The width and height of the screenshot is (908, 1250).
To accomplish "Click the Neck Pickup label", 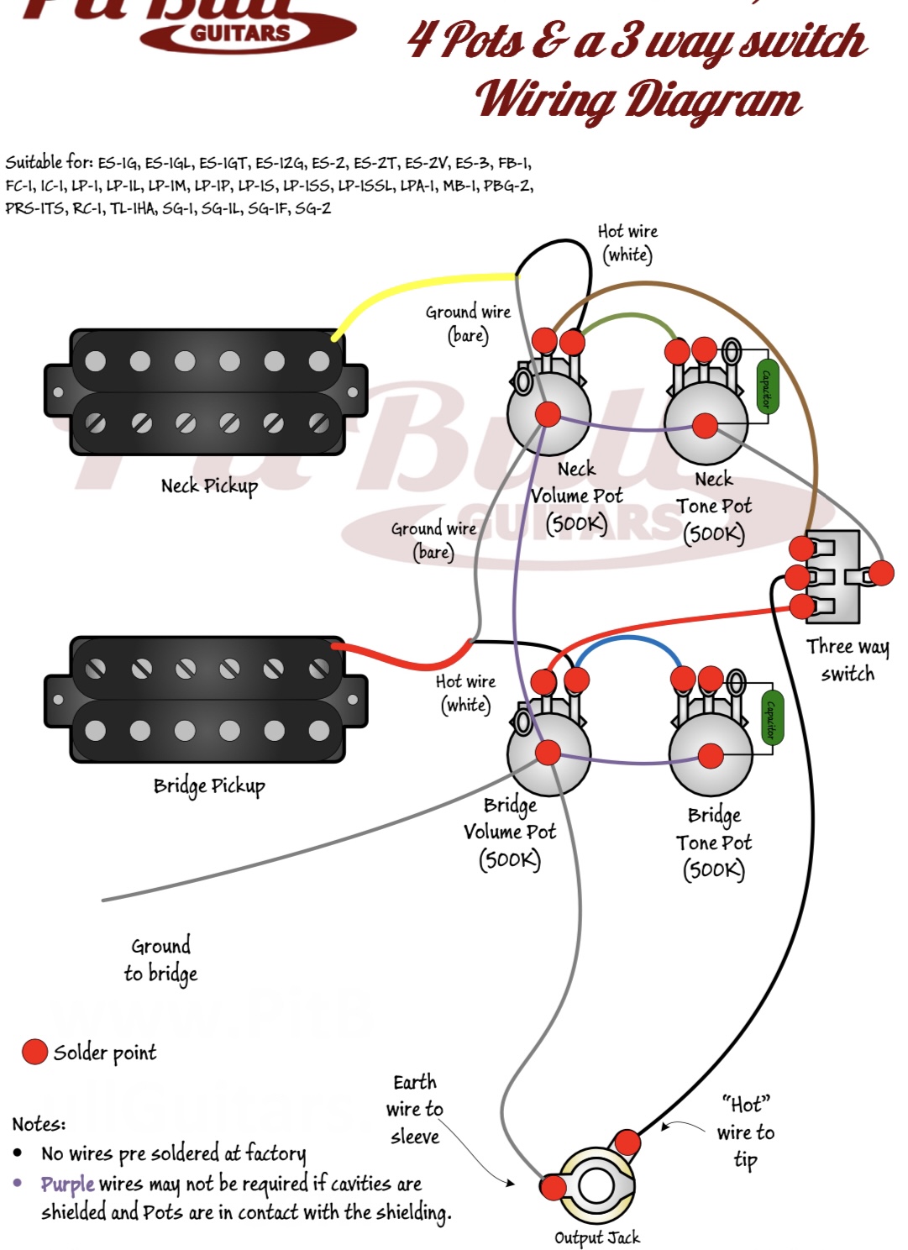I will tap(209, 486).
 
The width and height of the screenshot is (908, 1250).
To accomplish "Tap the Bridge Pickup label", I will tap(209, 786).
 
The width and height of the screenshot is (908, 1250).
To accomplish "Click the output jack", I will tap(595, 1186).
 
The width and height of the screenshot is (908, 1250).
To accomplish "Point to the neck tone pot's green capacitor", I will tap(764, 386).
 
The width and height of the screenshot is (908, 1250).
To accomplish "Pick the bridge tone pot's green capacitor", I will tap(769, 718).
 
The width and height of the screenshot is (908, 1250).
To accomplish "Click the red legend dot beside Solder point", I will tap(34, 1052).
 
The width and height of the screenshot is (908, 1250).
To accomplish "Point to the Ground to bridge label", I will tap(160, 959).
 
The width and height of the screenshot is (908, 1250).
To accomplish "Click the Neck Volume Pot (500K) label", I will tap(577, 496).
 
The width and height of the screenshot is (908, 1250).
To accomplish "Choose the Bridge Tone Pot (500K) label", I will tap(714, 843).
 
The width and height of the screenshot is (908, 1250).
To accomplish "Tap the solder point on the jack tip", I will tap(627, 1142).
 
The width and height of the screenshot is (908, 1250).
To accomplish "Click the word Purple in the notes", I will tap(67, 1184).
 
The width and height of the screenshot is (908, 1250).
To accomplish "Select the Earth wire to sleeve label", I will tap(414, 1109).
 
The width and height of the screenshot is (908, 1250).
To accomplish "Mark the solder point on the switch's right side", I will tap(881, 573).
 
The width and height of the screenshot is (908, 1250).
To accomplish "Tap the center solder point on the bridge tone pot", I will tap(711, 755).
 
